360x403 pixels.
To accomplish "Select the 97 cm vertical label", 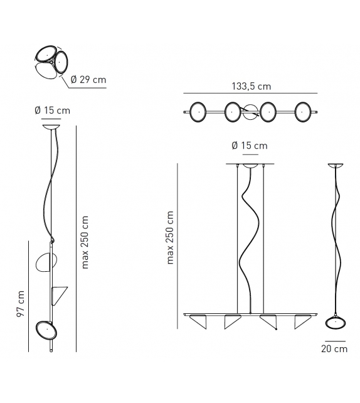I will pyautogui.click(x=21, y=303).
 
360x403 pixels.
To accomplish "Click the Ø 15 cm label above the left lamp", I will pyautogui.click(x=53, y=110).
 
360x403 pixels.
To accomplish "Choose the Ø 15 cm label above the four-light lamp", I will pyautogui.click(x=249, y=146).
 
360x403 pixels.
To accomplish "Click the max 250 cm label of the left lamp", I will pyautogui.click(x=86, y=242).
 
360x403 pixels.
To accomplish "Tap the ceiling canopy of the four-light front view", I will pyautogui.click(x=251, y=166).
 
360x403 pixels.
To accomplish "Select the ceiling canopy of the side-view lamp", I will pyautogui.click(x=336, y=166).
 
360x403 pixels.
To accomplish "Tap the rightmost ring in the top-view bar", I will pyautogui.click(x=305, y=111).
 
